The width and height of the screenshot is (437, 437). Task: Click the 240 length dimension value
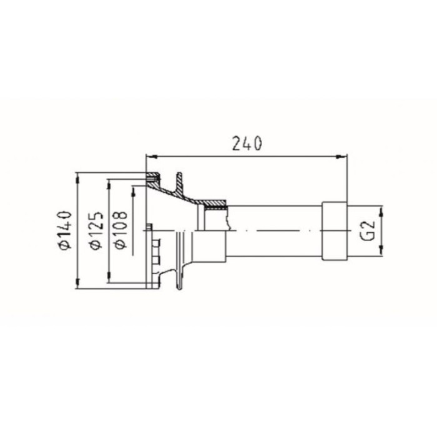(247, 144)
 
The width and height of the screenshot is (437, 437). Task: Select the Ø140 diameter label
(65, 230)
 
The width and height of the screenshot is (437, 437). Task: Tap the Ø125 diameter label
(96, 230)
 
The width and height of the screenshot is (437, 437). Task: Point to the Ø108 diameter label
(120, 230)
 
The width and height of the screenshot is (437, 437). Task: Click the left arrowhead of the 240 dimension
(152, 157)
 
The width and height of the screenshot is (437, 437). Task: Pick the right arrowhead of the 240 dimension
(341, 157)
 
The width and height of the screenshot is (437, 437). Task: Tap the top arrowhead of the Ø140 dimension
(77, 179)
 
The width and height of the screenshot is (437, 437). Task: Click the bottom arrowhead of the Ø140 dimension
(77, 283)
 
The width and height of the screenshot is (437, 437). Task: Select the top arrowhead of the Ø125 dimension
(109, 185)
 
